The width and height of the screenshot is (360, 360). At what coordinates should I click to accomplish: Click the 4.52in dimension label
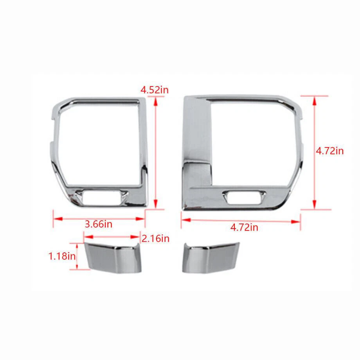tap(155, 90)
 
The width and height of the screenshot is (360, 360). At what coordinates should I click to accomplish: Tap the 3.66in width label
tap(99, 224)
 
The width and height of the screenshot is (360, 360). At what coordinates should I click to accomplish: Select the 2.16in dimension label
tap(155, 239)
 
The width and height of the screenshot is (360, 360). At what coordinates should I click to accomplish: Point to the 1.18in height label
tap(62, 256)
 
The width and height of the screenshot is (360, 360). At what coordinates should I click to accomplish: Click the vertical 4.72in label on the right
tap(330, 151)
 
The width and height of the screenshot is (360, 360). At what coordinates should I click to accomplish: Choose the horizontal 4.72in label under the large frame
tap(244, 227)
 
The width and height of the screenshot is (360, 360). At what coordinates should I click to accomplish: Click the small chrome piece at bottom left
tap(113, 257)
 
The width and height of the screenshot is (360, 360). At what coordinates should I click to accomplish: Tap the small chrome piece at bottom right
tap(211, 257)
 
